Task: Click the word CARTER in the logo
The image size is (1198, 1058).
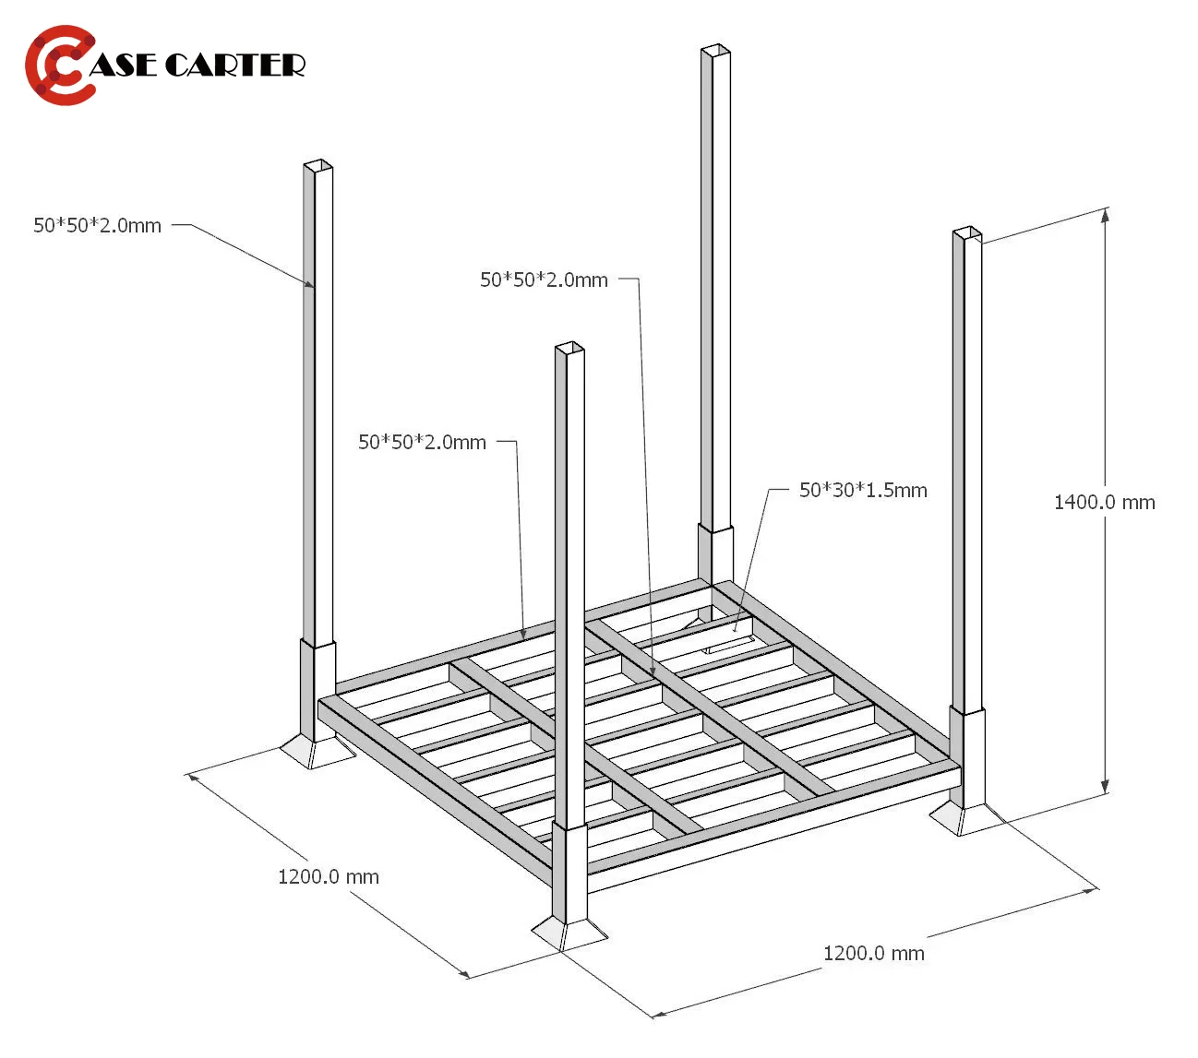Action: click(234, 65)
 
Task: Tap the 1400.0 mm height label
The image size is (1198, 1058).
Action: click(1104, 502)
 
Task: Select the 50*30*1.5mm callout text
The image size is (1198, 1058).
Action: click(863, 490)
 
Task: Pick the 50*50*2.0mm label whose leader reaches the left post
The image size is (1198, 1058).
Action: click(97, 225)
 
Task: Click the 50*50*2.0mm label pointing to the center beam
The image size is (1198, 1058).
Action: click(544, 279)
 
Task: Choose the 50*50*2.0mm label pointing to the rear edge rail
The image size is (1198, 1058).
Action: click(422, 442)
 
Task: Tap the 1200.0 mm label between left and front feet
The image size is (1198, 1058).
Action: click(329, 876)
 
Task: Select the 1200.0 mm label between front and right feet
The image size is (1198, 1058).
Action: click(873, 954)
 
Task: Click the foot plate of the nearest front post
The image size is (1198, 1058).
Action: click(569, 933)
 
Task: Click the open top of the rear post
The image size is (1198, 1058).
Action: click(715, 49)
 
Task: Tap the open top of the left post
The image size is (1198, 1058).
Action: click(318, 164)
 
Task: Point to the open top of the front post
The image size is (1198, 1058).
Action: click(569, 347)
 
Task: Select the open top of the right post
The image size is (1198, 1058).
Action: click(967, 232)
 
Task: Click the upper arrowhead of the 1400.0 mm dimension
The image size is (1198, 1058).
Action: click(1105, 215)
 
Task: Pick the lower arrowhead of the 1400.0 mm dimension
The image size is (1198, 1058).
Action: click(1105, 787)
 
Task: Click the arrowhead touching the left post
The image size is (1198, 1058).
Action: click(309, 284)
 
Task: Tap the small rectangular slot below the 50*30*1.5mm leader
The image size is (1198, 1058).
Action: click(728, 645)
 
